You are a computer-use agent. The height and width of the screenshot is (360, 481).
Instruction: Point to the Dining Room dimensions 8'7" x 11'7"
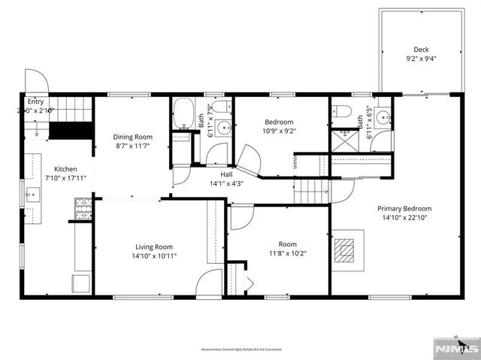click(132, 146)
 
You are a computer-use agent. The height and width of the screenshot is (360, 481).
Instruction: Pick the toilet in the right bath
click(343, 112)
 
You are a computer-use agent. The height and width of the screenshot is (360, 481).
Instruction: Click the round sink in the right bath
click(383, 116)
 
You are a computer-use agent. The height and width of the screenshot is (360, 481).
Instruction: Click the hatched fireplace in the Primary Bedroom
click(346, 249)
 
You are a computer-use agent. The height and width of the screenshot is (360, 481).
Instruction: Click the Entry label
click(35, 101)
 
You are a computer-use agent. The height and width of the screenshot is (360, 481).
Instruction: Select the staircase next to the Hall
click(310, 191)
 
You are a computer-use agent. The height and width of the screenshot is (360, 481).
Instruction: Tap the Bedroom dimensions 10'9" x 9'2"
click(278, 131)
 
